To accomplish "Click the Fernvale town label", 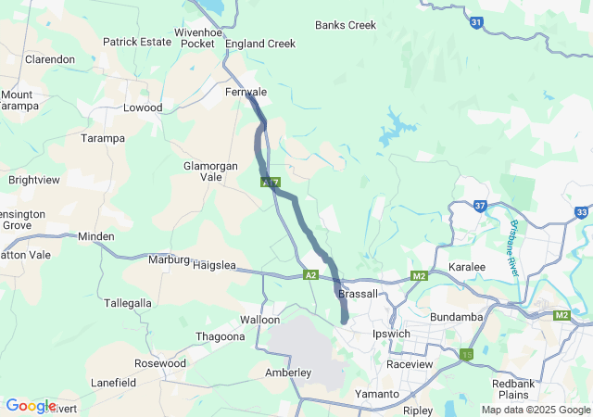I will (246, 93).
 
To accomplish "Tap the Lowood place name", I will (143, 108).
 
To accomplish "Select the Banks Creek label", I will (346, 25).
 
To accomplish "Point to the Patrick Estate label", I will (137, 42).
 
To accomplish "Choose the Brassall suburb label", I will (359, 294).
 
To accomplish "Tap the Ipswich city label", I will (390, 334).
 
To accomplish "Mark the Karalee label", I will (467, 267).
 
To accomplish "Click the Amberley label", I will (288, 373).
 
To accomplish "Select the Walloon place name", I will (259, 320).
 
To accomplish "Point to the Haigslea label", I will (215, 266).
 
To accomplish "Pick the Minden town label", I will (96, 237).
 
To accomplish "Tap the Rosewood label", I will (160, 363).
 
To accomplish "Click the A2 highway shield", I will (310, 275).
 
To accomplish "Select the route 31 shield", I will (475, 22).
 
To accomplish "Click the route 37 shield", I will (479, 205).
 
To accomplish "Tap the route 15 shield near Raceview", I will (466, 353).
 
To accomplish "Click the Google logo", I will (31, 406).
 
